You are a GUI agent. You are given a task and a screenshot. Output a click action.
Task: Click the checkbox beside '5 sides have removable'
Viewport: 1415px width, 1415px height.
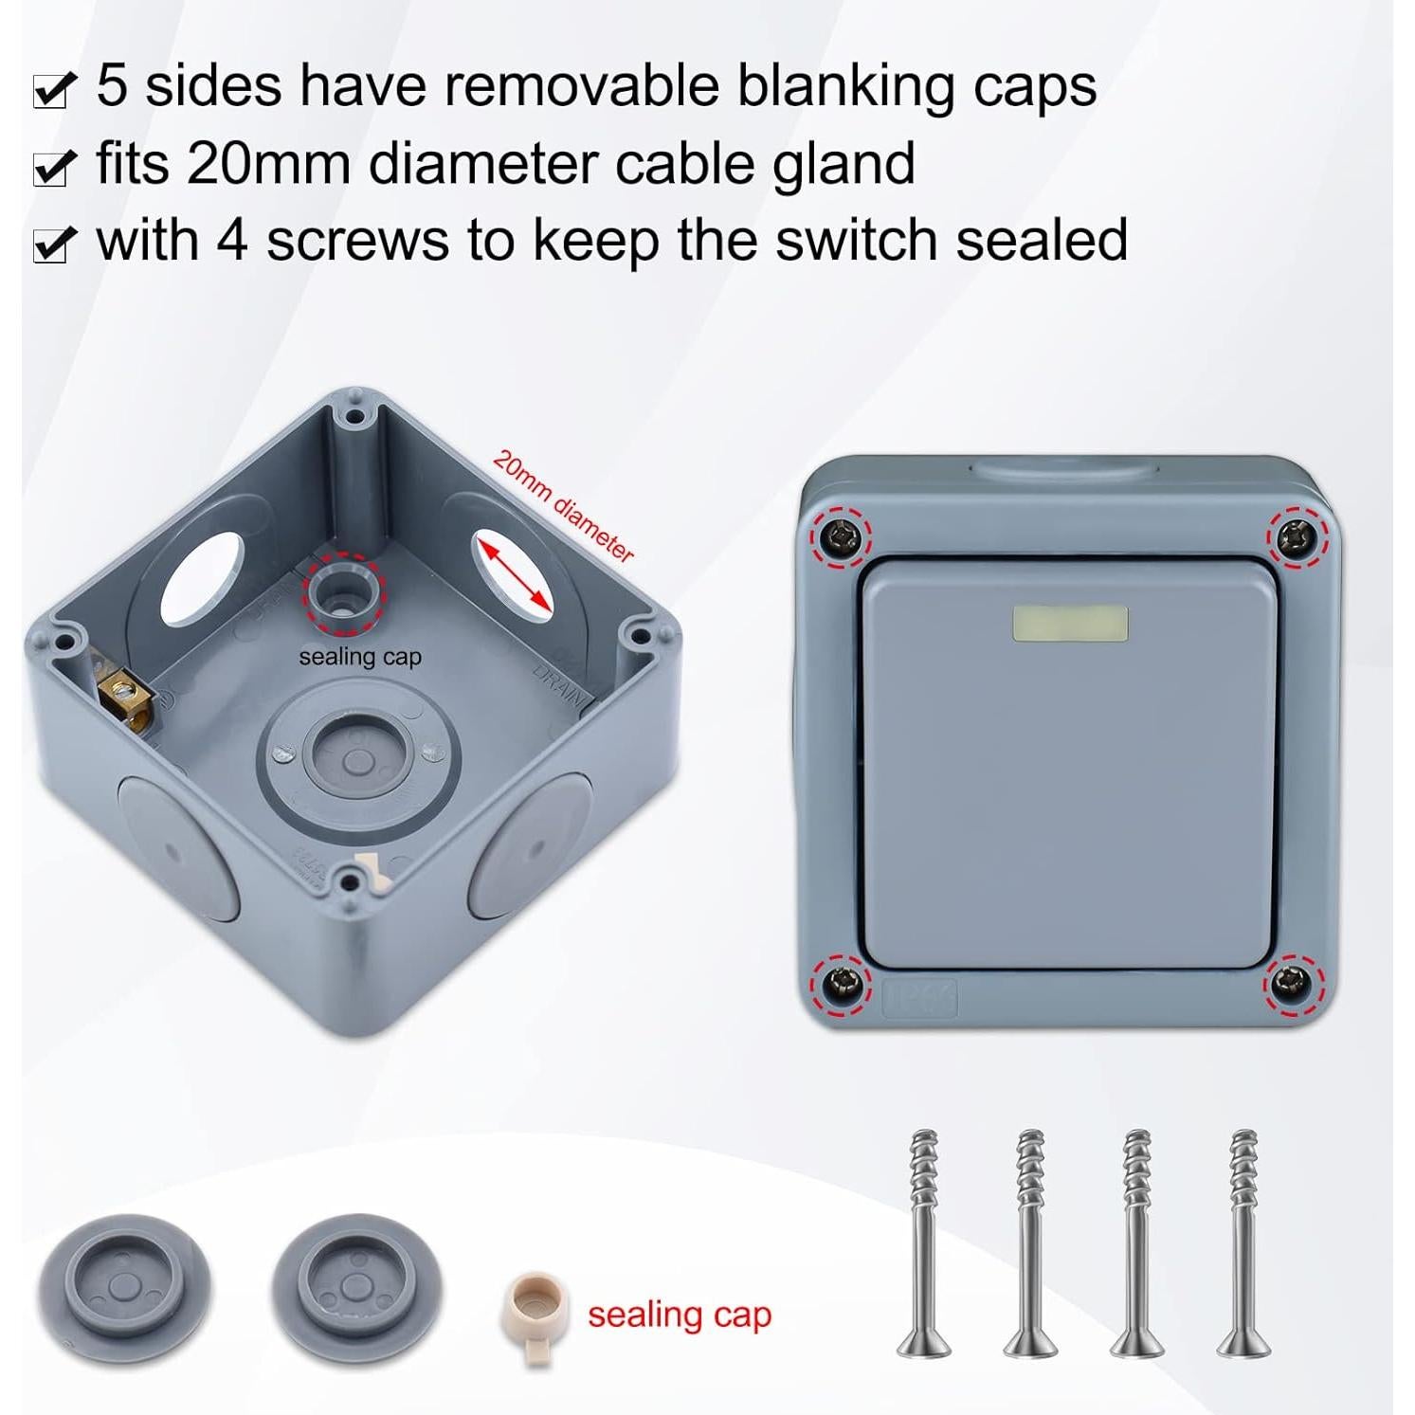52,91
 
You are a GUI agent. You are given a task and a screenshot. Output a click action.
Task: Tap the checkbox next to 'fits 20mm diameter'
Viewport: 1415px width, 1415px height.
52,168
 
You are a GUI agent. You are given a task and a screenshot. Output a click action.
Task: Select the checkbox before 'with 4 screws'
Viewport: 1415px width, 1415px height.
52,245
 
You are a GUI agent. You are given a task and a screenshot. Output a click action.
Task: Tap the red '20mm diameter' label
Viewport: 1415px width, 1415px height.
563,506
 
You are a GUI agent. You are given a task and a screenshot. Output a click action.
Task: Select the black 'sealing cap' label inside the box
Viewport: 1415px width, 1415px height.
359,657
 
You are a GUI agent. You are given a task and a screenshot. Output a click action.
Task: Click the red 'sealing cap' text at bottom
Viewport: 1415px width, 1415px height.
680,1315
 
